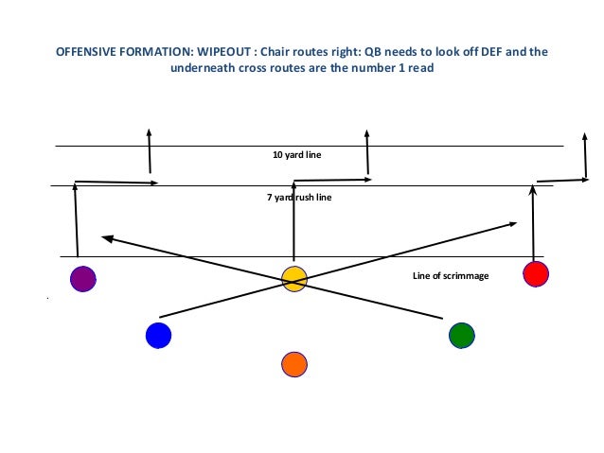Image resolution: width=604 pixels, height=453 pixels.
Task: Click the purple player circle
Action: (x=83, y=279)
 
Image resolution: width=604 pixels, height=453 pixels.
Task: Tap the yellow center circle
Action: (x=294, y=279)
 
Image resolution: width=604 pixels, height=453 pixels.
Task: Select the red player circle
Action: (x=536, y=274)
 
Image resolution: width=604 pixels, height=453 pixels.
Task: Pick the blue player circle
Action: (x=158, y=336)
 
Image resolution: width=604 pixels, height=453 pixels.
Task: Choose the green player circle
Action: (x=461, y=335)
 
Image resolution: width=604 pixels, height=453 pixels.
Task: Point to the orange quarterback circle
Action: (x=294, y=364)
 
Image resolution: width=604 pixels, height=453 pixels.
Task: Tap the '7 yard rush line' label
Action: (x=299, y=198)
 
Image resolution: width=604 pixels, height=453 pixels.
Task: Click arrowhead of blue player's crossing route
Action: (x=512, y=224)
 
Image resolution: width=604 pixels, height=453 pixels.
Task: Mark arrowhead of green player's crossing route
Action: (x=107, y=237)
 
